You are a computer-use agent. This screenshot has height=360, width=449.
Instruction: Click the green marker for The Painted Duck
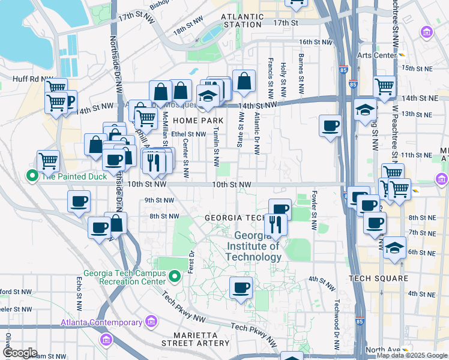pyautogui.click(x=31, y=176)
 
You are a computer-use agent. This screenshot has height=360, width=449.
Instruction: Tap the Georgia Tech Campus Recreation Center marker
pyautogui.click(x=175, y=276)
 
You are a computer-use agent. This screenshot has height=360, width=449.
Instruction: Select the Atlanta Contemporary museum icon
pyautogui.click(x=150, y=322)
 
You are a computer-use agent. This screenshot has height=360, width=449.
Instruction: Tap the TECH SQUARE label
pyautogui.click(x=379, y=278)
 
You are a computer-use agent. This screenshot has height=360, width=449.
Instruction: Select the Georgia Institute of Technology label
pyautogui.click(x=258, y=246)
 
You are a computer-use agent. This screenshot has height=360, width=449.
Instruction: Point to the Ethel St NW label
pyautogui.click(x=188, y=134)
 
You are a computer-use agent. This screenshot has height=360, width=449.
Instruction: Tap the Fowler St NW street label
pyautogui.click(x=314, y=211)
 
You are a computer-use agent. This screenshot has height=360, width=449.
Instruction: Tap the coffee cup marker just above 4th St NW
pyautogui.click(x=241, y=288)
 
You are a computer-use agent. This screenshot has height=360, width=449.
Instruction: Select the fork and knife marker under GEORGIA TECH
pyautogui.click(x=276, y=224)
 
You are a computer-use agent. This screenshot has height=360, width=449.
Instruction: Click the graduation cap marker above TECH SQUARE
pyautogui.click(x=394, y=247)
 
